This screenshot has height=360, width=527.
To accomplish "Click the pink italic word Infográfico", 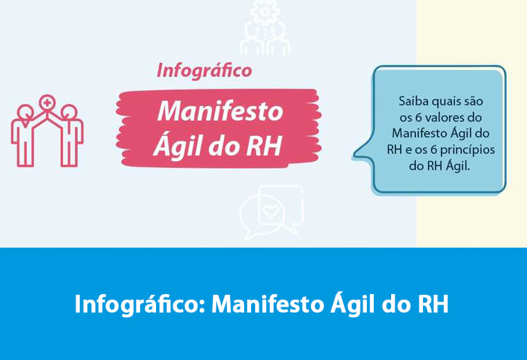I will click(x=204, y=71).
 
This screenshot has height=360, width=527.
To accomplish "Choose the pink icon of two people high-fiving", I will click(x=47, y=132).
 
